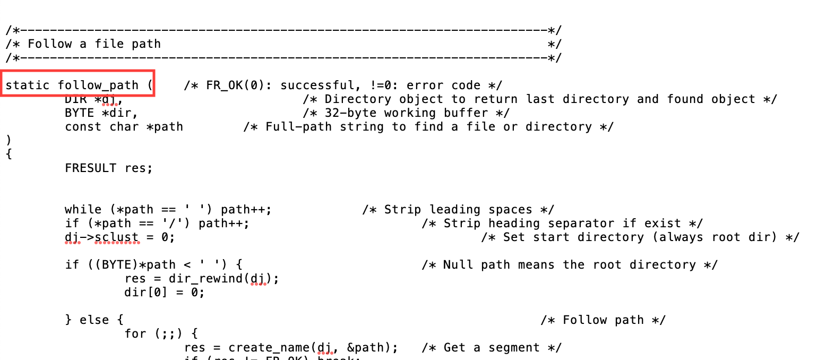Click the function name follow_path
click(98, 85)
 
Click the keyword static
click(28, 85)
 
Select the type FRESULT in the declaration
click(90, 168)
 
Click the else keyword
click(94, 320)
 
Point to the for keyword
click(135, 334)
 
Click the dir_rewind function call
click(209, 279)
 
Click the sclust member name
click(117, 237)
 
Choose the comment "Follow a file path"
click(94, 44)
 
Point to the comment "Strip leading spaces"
click(458, 210)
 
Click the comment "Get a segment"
click(492, 348)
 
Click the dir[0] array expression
click(146, 293)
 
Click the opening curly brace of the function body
click(8, 155)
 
